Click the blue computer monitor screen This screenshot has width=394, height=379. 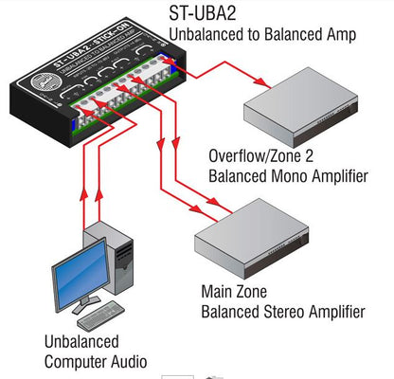click(x=73, y=276)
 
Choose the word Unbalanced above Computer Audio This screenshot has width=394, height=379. click(x=81, y=339)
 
